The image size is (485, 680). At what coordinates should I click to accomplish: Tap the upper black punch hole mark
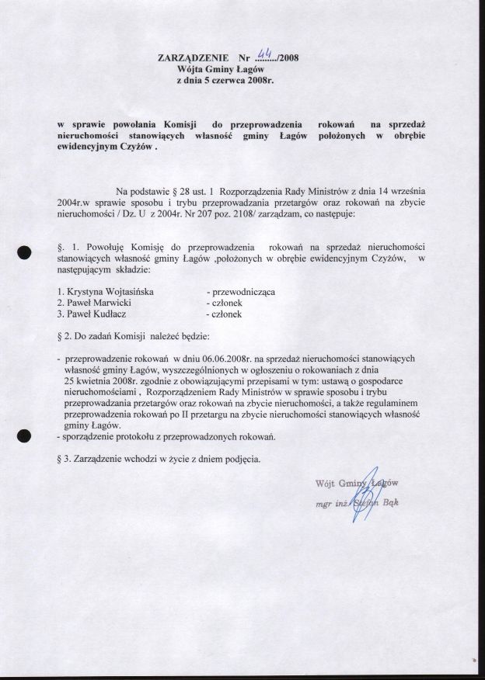point(24,252)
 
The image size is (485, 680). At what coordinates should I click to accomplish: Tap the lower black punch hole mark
point(24,437)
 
